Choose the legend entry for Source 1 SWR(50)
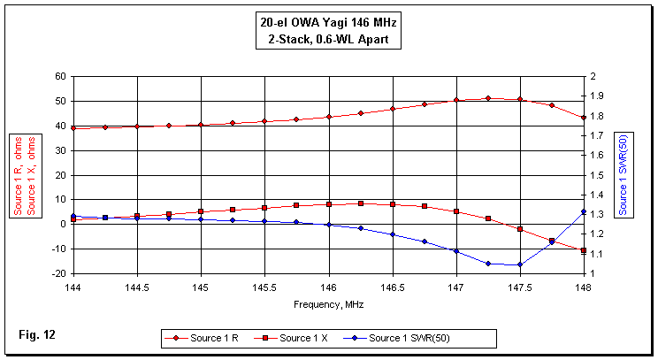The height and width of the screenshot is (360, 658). (x=410, y=338)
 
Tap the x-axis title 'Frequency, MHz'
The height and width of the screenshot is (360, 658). (x=328, y=303)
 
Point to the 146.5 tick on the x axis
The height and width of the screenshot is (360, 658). (x=393, y=287)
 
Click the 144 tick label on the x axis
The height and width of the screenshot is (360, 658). (x=73, y=287)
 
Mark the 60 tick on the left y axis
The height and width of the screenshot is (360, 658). (x=60, y=77)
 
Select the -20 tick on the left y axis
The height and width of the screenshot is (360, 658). (x=58, y=273)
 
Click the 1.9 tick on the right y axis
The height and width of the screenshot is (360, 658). (x=597, y=96)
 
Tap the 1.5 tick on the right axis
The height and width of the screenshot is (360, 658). (x=597, y=175)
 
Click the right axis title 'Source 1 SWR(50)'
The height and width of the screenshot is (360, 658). (x=624, y=174)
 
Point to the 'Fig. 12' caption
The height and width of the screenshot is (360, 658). (x=36, y=334)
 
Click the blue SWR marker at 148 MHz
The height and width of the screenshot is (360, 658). (x=584, y=212)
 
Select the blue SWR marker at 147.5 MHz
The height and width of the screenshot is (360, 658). (x=520, y=264)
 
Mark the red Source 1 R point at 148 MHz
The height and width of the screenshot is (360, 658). (x=584, y=118)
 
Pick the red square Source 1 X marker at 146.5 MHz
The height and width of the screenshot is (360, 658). (x=393, y=204)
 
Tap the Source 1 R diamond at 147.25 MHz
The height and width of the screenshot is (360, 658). (x=488, y=98)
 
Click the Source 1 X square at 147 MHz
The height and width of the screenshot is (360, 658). (x=456, y=211)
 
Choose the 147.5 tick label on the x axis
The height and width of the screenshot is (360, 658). (x=520, y=287)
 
